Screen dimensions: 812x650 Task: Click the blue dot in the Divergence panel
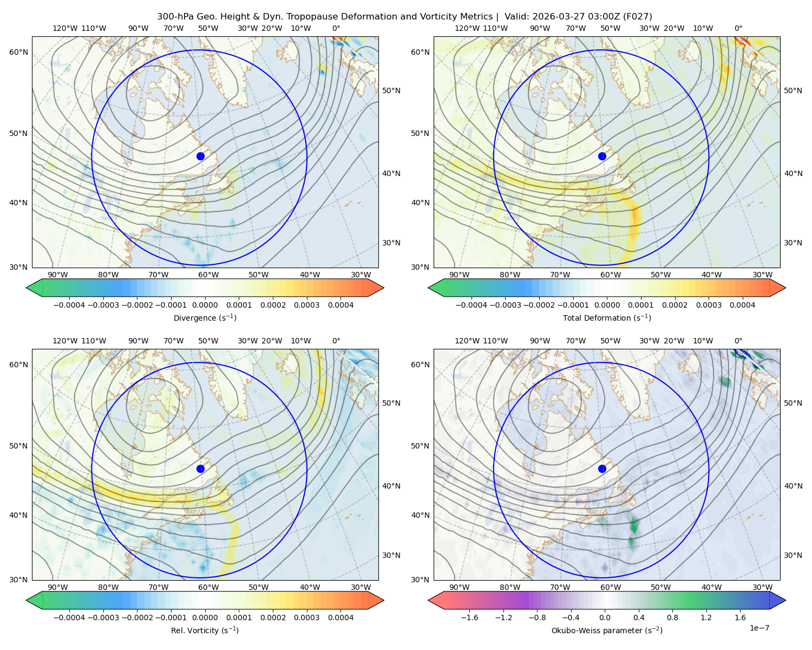pos(200,157)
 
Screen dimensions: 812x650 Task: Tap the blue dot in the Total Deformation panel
pos(602,157)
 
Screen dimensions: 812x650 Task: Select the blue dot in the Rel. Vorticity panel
pos(200,469)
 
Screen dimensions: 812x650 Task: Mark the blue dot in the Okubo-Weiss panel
pos(602,469)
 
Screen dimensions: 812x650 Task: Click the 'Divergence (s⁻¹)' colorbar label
pos(205,318)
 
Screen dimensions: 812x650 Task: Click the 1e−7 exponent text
pos(759,628)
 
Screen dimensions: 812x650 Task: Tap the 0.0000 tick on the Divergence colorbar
pos(205,305)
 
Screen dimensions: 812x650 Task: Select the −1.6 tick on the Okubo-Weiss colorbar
pos(469,617)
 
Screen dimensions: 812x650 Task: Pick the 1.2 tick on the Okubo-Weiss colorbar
pos(706,617)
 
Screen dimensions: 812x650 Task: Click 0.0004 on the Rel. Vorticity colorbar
pos(340,617)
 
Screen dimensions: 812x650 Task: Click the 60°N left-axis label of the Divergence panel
pos(18,52)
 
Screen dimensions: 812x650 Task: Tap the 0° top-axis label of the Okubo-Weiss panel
pos(738,341)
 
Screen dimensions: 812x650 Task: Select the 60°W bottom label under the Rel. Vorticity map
pos(208,587)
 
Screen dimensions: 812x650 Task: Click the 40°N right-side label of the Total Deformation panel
pos(793,486)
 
